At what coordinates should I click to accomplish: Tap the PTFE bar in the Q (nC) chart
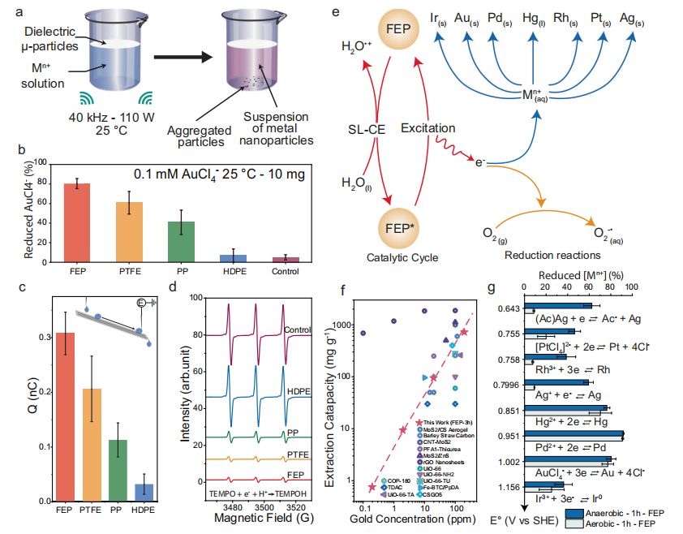(92, 451)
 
